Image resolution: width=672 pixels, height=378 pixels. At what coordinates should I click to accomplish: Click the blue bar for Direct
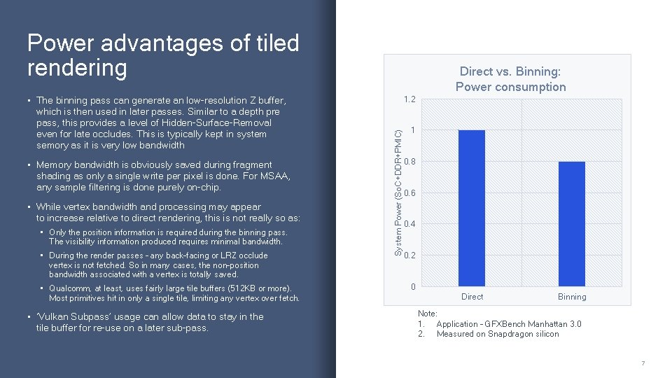click(471, 208)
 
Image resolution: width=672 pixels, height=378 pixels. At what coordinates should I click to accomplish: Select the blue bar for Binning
click(571, 223)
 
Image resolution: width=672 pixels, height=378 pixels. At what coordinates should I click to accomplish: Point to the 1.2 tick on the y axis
click(409, 100)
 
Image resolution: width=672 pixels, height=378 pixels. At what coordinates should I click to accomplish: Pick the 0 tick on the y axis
click(413, 286)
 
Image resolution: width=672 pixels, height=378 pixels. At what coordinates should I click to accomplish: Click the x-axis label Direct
click(472, 297)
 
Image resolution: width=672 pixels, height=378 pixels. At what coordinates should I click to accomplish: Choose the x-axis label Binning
click(571, 297)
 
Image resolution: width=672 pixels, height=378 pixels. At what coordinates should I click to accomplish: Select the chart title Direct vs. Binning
click(510, 71)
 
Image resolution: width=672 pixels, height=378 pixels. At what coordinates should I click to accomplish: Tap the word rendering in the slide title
click(77, 68)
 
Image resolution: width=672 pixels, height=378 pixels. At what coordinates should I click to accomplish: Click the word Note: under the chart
click(427, 314)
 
